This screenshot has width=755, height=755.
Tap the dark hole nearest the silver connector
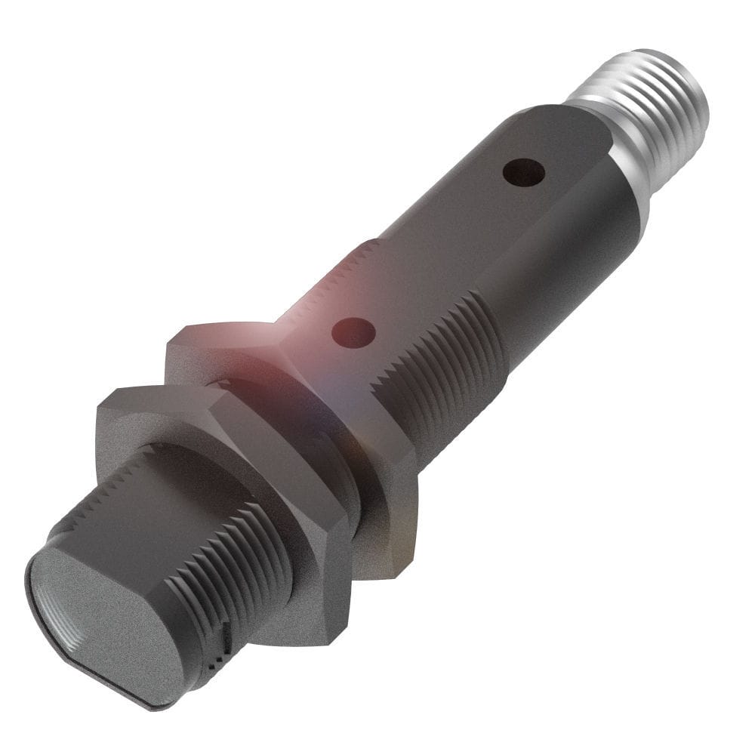tap(524, 173)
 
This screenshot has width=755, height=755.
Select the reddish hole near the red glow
tap(354, 331)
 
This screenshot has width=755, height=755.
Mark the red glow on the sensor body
tap(302, 317)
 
